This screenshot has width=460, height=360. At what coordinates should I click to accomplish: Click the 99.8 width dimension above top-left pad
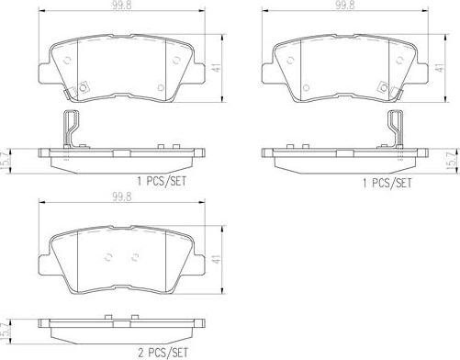122,6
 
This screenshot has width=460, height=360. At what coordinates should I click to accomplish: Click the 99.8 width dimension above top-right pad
344,6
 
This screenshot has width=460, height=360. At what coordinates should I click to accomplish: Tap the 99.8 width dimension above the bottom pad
122,197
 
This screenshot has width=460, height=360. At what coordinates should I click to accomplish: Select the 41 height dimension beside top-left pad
217,68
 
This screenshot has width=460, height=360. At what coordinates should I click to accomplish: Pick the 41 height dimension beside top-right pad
440,68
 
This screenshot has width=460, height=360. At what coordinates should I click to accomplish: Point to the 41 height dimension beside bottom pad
217,259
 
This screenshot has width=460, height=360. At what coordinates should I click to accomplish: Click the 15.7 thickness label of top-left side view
5,161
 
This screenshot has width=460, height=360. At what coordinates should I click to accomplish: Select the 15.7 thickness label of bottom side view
5,332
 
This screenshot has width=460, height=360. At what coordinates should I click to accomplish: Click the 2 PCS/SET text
163,353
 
